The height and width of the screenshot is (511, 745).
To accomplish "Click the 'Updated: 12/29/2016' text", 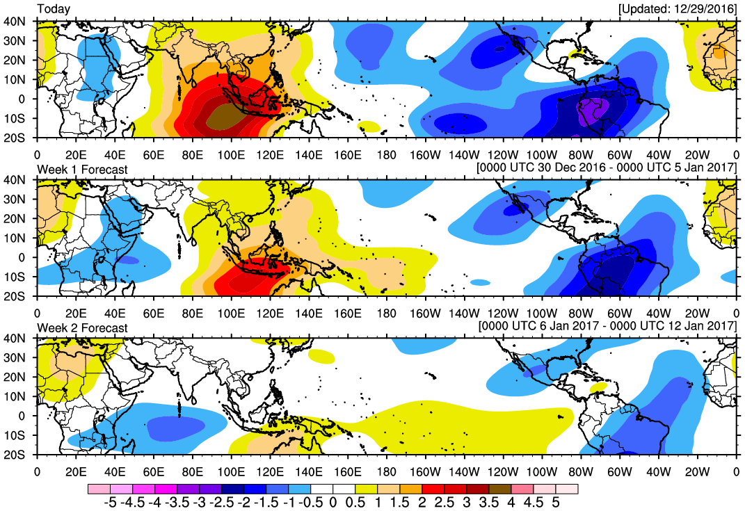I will tap(678, 8).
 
